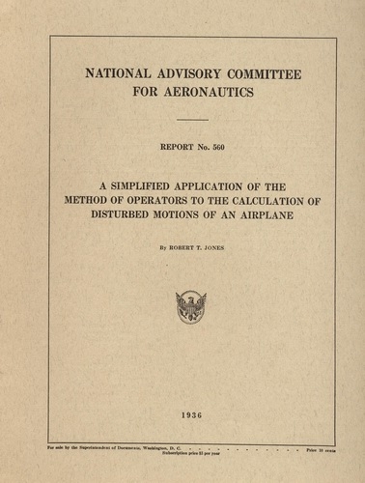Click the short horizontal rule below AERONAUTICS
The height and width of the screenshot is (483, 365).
pyautogui.click(x=191, y=120)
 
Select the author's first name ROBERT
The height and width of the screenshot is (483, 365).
pyautogui.click(x=178, y=247)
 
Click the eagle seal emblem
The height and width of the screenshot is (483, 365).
pyautogui.click(x=190, y=307)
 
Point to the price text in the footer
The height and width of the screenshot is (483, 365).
pyautogui.click(x=322, y=449)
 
